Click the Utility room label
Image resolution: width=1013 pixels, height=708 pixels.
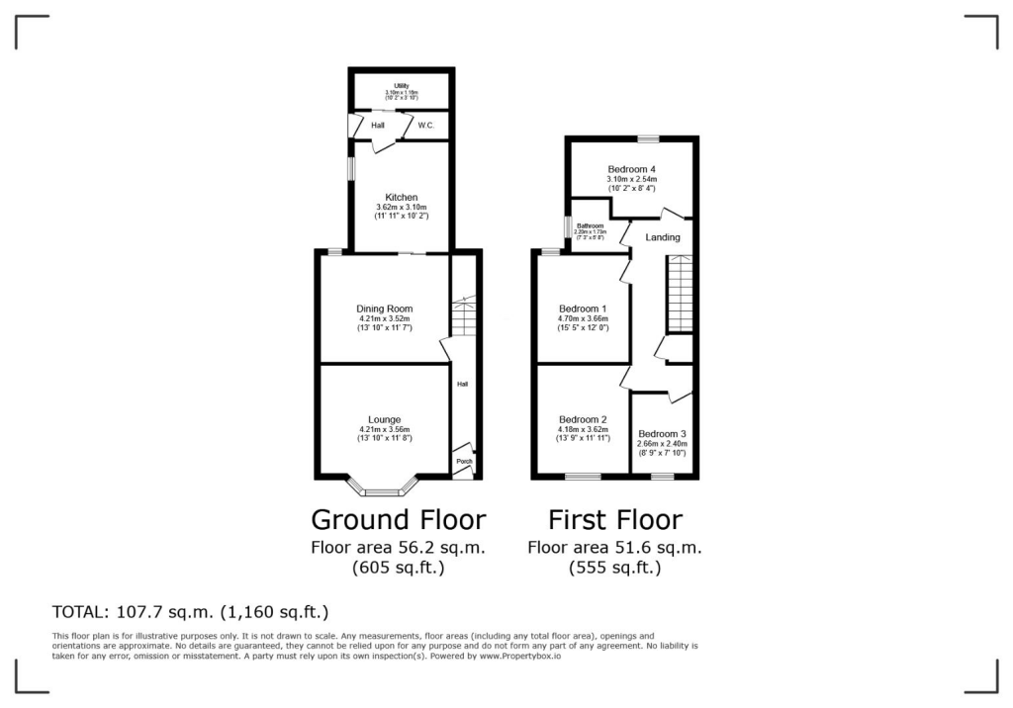coord(401,86)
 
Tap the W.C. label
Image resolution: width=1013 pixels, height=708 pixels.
coord(426,126)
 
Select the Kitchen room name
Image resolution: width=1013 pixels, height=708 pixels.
coord(401,198)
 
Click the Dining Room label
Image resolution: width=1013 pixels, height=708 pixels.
coord(384,309)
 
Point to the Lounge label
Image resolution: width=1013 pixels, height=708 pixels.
coord(384,419)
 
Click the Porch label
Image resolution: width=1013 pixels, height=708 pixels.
coord(463,462)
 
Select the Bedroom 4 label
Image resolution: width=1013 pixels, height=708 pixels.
coord(631,169)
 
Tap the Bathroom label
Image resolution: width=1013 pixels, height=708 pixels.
coord(591,225)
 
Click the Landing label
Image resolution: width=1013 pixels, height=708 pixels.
coord(662,237)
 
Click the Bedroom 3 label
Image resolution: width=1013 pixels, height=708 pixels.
coord(662,434)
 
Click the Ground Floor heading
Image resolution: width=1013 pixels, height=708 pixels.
coord(398,519)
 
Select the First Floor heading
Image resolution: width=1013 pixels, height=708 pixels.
coord(615,519)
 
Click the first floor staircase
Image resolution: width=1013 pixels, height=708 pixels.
coord(679,293)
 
